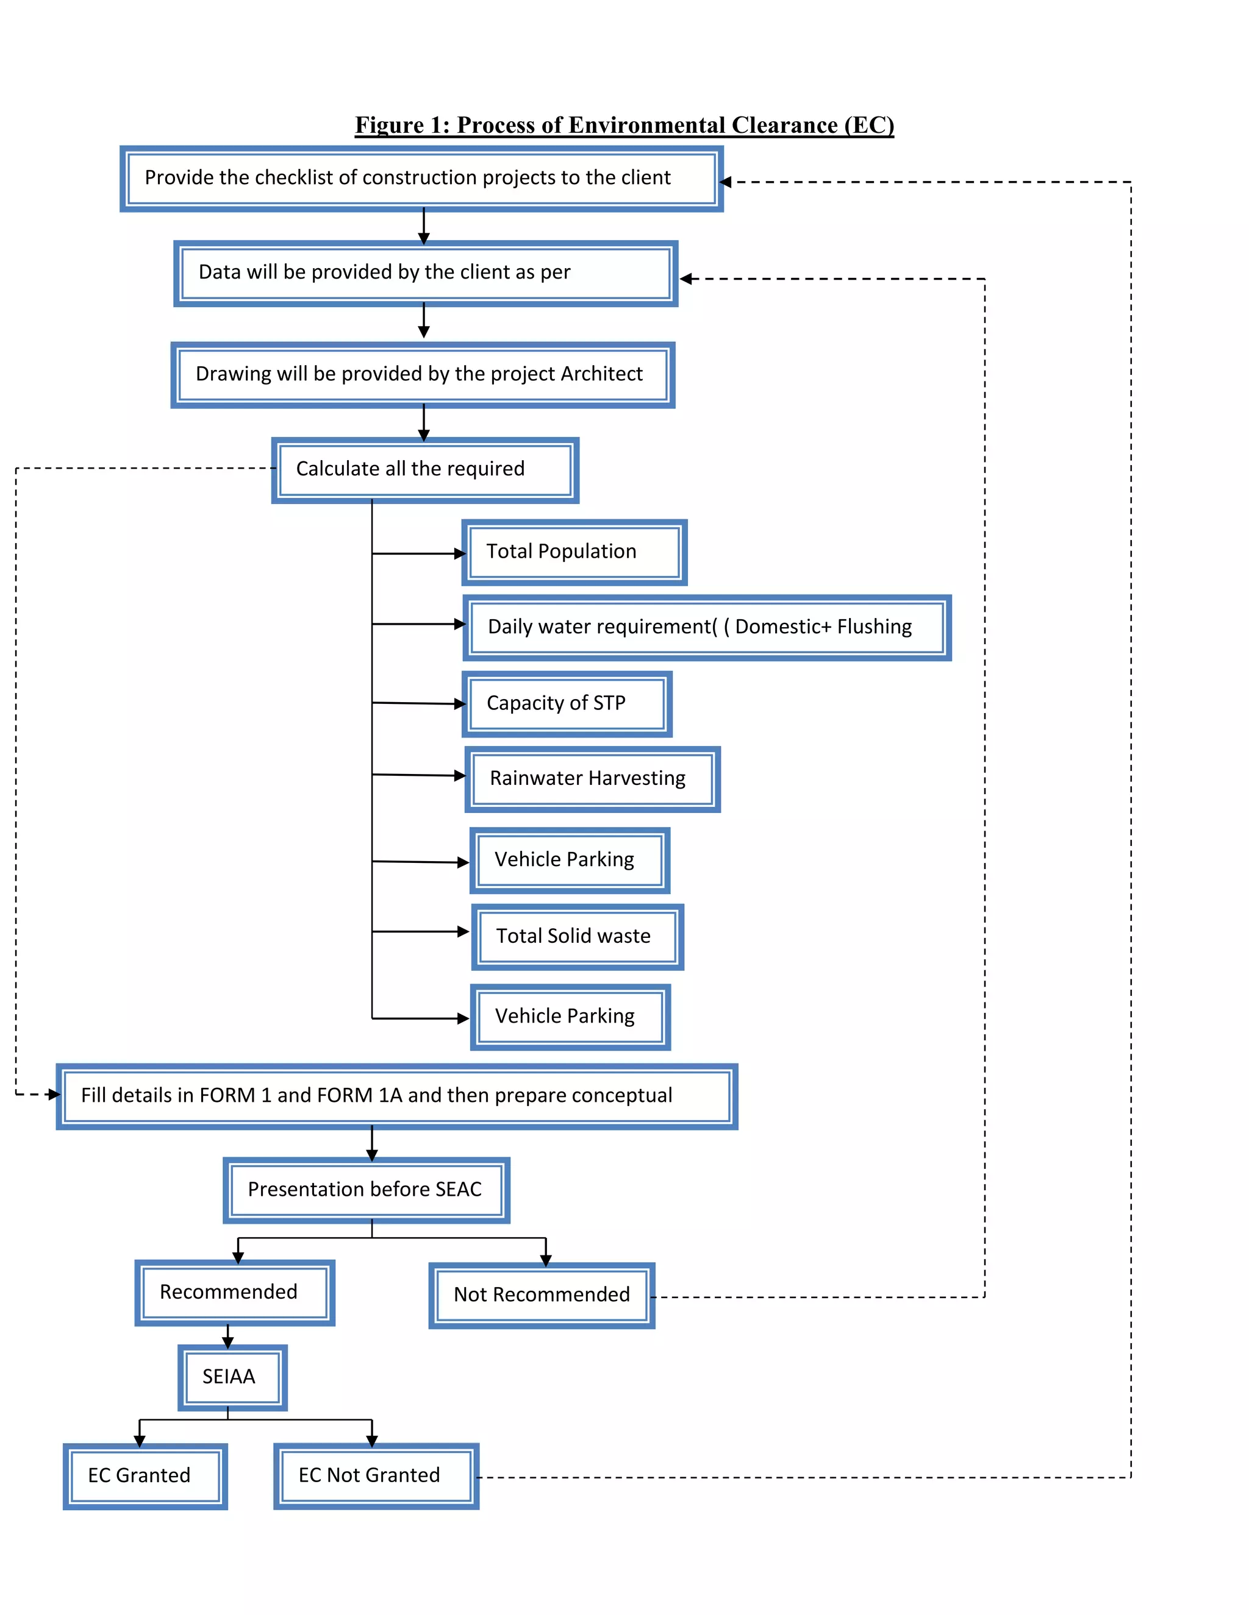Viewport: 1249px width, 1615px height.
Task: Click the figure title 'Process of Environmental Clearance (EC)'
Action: coord(624,125)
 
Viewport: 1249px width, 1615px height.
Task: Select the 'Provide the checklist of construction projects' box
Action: coord(421,178)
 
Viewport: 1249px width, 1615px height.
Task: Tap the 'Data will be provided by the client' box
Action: coord(426,273)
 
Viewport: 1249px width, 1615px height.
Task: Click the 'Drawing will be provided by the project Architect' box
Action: coord(423,374)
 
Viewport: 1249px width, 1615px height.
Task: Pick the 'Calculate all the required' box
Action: coord(424,469)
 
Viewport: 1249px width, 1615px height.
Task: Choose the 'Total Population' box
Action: coord(574,552)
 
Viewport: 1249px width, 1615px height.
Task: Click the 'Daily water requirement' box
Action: coord(707,627)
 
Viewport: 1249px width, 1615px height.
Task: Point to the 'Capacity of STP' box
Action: coord(567,703)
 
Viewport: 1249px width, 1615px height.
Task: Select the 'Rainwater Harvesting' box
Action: coord(592,779)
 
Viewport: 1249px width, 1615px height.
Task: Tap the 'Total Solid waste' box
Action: coord(577,936)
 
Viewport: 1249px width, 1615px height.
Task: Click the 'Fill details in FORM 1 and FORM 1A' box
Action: coord(396,1096)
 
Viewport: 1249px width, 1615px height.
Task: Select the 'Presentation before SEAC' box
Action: coord(367,1190)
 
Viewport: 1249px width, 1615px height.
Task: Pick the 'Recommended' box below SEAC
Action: coord(235,1292)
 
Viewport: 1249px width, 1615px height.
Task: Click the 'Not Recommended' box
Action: coord(542,1295)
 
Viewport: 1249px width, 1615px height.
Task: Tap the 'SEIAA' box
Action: coord(232,1377)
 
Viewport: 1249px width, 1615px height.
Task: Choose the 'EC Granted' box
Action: coord(145,1476)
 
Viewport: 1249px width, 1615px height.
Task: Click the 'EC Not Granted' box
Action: coord(376,1475)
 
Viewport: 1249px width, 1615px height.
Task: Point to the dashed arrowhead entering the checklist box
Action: coord(725,182)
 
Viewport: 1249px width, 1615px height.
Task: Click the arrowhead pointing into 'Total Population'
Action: coord(459,553)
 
